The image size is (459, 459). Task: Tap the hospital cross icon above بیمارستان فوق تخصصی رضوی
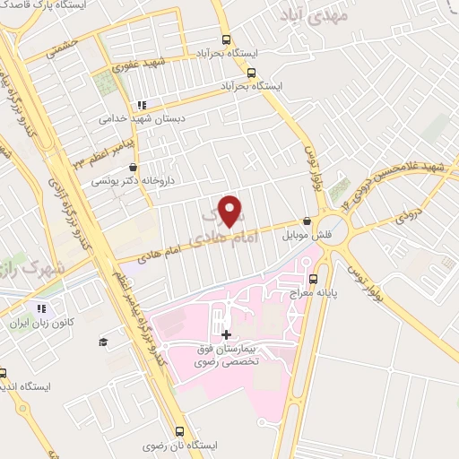(225, 334)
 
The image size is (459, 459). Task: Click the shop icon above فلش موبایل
(307, 220)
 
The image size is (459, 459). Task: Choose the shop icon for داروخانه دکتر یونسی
(133, 166)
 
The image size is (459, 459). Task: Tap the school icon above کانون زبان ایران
(40, 309)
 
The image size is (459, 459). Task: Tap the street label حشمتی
(65, 48)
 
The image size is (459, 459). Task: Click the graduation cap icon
(104, 342)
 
